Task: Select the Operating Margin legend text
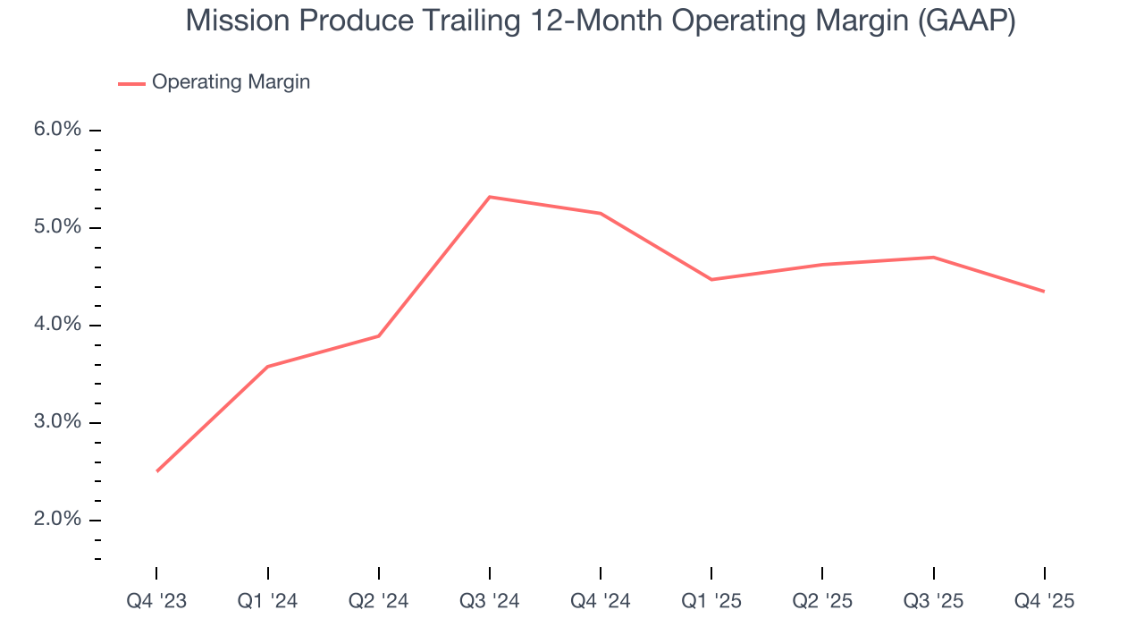pyautogui.click(x=231, y=82)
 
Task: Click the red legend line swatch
pyautogui.click(x=131, y=83)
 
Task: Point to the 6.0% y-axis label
pyautogui.click(x=57, y=130)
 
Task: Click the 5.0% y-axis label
pyautogui.click(x=57, y=227)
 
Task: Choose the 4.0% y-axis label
pyautogui.click(x=57, y=325)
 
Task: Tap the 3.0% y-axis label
pyautogui.click(x=57, y=422)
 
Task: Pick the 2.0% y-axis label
pyautogui.click(x=57, y=520)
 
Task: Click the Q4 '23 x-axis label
pyautogui.click(x=157, y=601)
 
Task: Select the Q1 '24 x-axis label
pyautogui.click(x=268, y=601)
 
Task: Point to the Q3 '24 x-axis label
pyautogui.click(x=490, y=601)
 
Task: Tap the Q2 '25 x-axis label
pyautogui.click(x=822, y=601)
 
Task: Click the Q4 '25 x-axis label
pyautogui.click(x=1044, y=601)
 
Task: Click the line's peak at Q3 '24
pyautogui.click(x=490, y=197)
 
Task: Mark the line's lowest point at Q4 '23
pyautogui.click(x=157, y=471)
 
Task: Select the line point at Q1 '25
pyautogui.click(x=711, y=280)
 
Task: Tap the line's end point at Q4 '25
pyautogui.click(x=1044, y=292)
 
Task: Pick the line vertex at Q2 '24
pyautogui.click(x=379, y=336)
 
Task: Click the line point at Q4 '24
pyautogui.click(x=601, y=213)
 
